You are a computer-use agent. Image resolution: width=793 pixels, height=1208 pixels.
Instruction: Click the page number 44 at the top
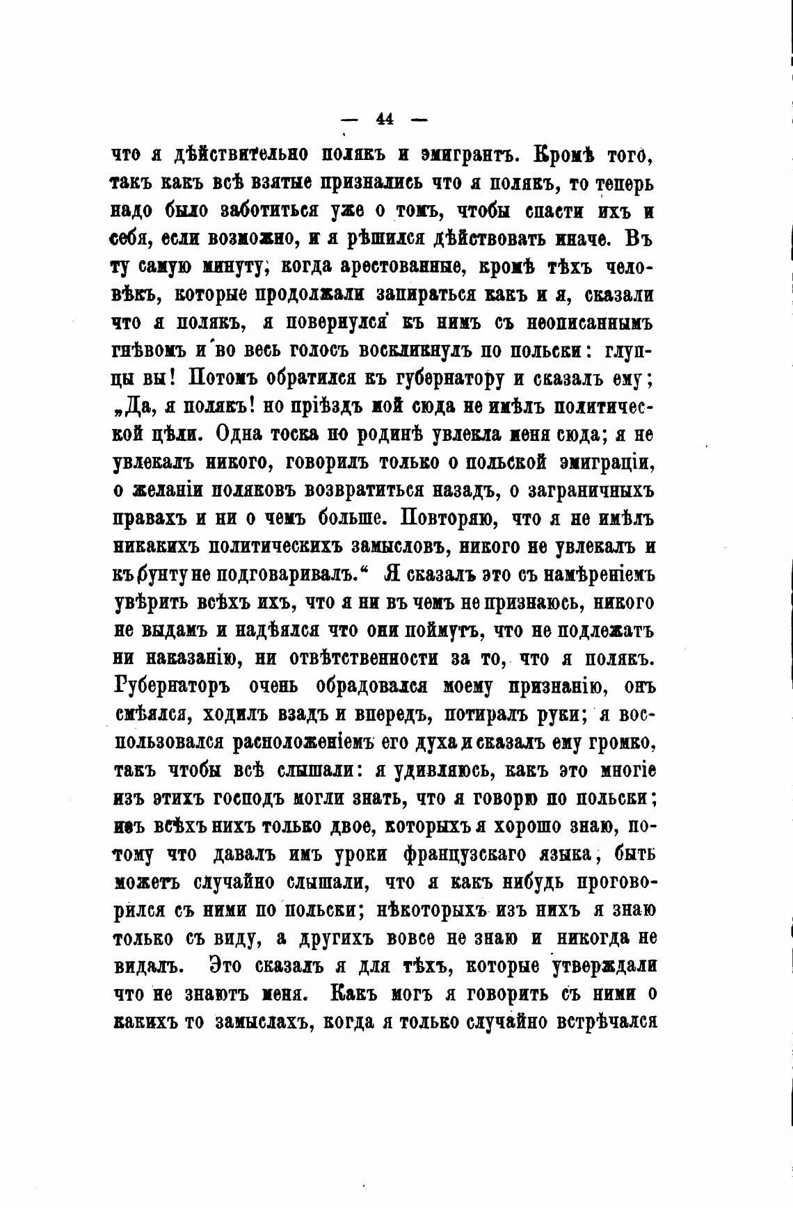(385, 118)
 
